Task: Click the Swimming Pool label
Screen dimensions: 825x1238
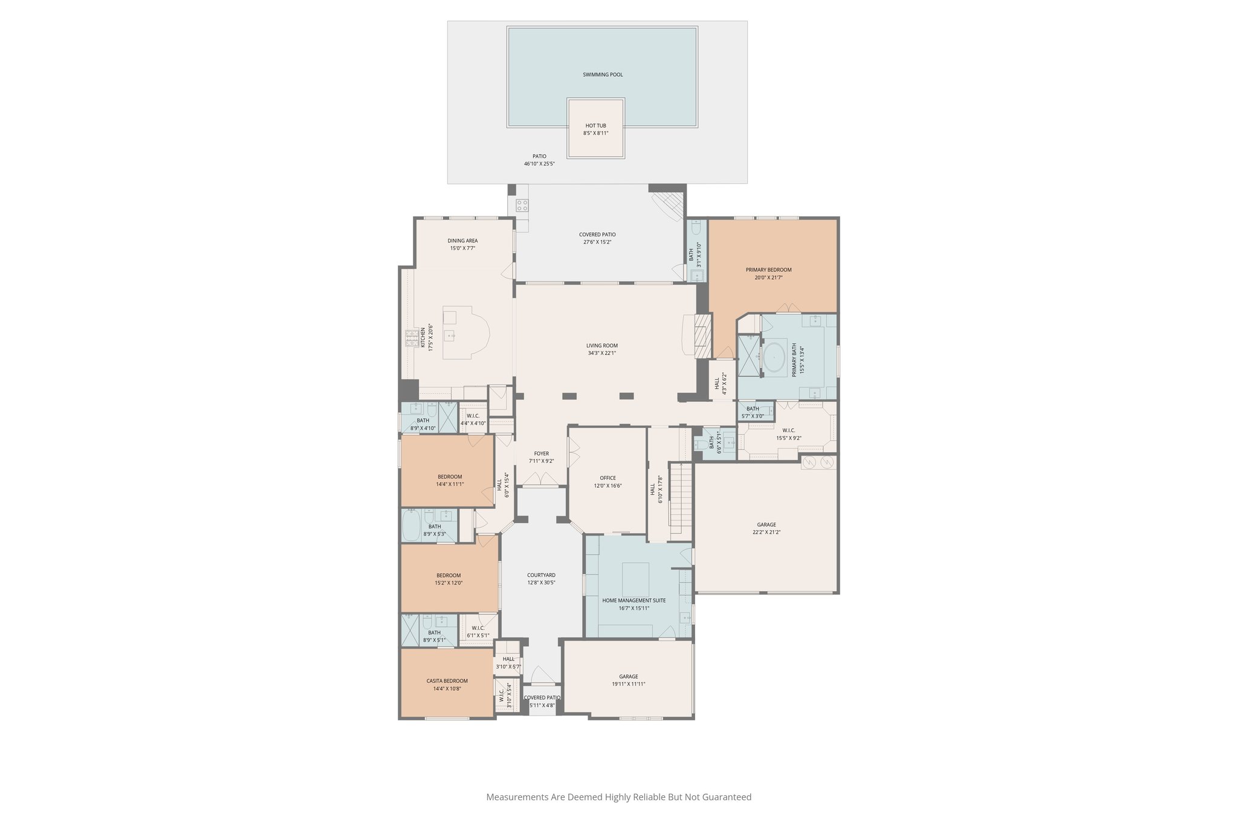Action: (x=602, y=75)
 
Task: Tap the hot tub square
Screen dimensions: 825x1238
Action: (x=595, y=128)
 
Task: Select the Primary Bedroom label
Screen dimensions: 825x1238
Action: (x=768, y=270)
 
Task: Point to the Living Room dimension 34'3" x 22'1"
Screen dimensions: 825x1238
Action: (x=601, y=354)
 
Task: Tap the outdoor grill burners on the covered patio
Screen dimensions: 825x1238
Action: (x=522, y=205)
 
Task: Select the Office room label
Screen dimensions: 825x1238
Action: (x=607, y=477)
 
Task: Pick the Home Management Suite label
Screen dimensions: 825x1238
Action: (x=634, y=600)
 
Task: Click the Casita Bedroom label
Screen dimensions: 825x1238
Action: (x=447, y=681)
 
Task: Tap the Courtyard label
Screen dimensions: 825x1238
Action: (x=541, y=575)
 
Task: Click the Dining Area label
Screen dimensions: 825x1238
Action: (x=462, y=241)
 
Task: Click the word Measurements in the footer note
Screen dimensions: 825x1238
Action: (x=517, y=797)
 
